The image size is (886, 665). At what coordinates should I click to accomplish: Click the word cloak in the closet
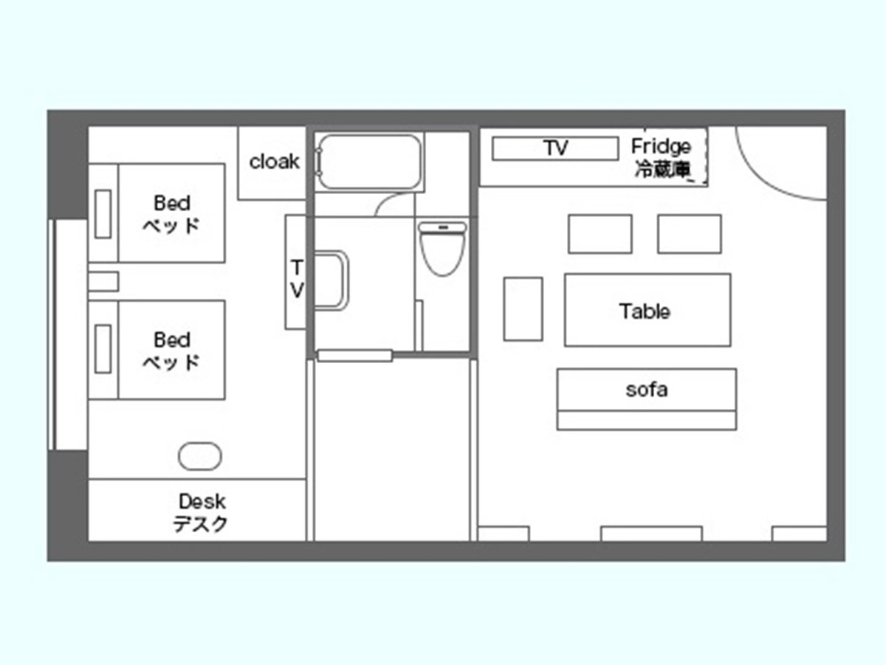click(x=274, y=162)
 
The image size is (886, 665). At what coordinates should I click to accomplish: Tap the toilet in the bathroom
click(x=442, y=249)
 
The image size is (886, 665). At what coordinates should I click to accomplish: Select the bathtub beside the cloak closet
click(x=369, y=162)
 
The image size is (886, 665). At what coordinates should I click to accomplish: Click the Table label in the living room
click(x=645, y=311)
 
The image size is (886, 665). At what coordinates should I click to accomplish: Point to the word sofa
click(x=647, y=390)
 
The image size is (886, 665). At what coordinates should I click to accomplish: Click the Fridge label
click(x=661, y=146)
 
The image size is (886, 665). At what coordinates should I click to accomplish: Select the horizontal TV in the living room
click(x=555, y=148)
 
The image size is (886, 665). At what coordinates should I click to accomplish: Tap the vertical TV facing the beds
click(x=295, y=272)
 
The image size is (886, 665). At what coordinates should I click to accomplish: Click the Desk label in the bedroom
click(x=202, y=502)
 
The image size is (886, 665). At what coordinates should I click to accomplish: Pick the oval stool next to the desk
click(x=200, y=456)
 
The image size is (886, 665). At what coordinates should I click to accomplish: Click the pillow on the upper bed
click(x=103, y=214)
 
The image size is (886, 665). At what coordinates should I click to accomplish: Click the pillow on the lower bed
click(x=103, y=349)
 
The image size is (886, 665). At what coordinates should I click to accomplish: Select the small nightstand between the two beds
click(x=103, y=281)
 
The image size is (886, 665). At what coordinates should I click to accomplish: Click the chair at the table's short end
click(x=523, y=309)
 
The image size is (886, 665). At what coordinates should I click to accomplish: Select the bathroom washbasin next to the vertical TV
click(x=331, y=280)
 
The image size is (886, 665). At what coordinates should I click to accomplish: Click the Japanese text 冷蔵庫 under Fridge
click(x=662, y=169)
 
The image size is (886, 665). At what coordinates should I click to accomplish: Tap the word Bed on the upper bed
click(x=172, y=203)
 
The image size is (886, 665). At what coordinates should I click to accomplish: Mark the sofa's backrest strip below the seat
click(x=647, y=421)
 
